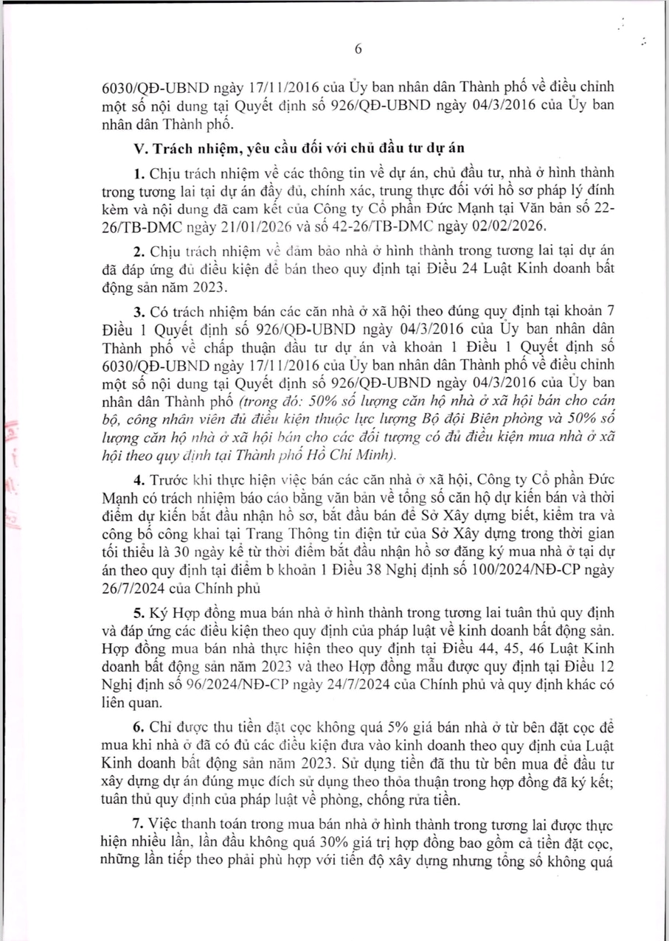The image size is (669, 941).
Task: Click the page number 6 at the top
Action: click(358, 49)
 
